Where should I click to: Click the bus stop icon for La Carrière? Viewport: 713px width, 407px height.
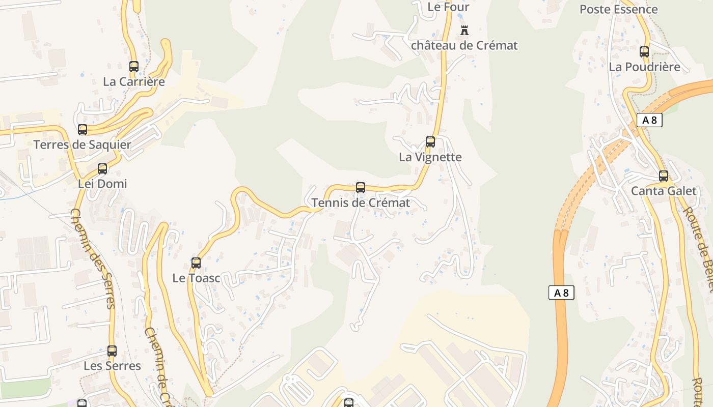[134, 67]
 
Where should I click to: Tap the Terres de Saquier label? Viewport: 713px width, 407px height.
[83, 145]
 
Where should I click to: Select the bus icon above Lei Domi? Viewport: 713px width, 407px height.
[102, 169]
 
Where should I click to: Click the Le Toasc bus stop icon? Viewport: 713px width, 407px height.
[196, 263]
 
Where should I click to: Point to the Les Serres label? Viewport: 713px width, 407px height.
[112, 366]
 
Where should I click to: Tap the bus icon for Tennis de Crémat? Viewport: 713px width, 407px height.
[361, 188]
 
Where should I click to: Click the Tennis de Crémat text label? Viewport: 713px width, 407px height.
[361, 203]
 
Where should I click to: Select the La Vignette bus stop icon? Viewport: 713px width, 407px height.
[430, 142]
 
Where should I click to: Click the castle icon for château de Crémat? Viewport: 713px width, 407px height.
[464, 31]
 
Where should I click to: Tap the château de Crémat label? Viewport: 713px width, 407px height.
[464, 46]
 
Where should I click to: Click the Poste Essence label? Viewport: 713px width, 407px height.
[618, 9]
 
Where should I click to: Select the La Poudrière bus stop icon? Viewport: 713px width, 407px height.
[644, 52]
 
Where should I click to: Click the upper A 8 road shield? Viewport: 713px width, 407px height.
[649, 121]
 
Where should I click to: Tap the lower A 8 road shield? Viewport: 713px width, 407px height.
[561, 293]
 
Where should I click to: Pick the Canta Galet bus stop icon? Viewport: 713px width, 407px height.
[664, 176]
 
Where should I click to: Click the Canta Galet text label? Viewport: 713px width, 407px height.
[663, 191]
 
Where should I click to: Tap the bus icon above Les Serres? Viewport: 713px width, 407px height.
[112, 351]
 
